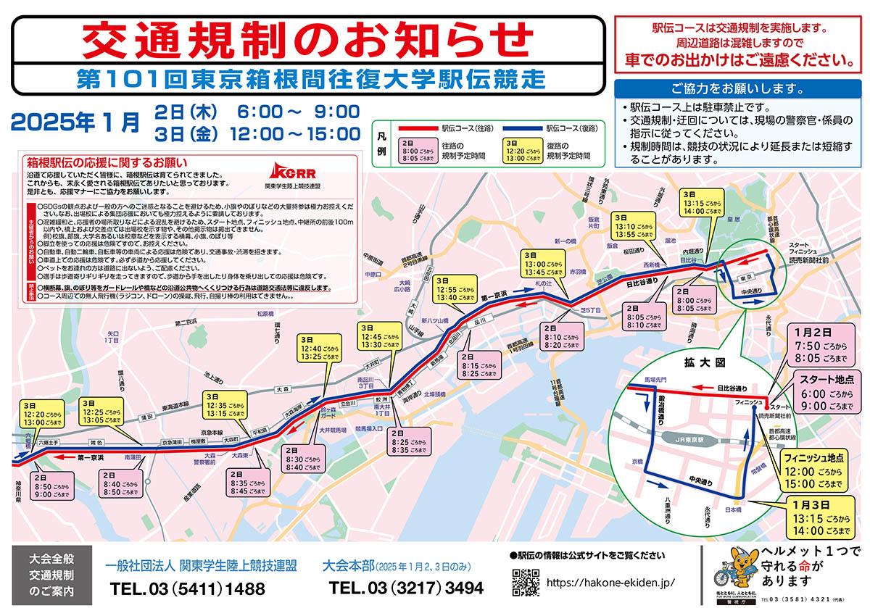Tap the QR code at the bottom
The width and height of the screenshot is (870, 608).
(x=526, y=582)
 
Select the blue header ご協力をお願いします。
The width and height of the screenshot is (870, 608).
(x=737, y=90)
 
